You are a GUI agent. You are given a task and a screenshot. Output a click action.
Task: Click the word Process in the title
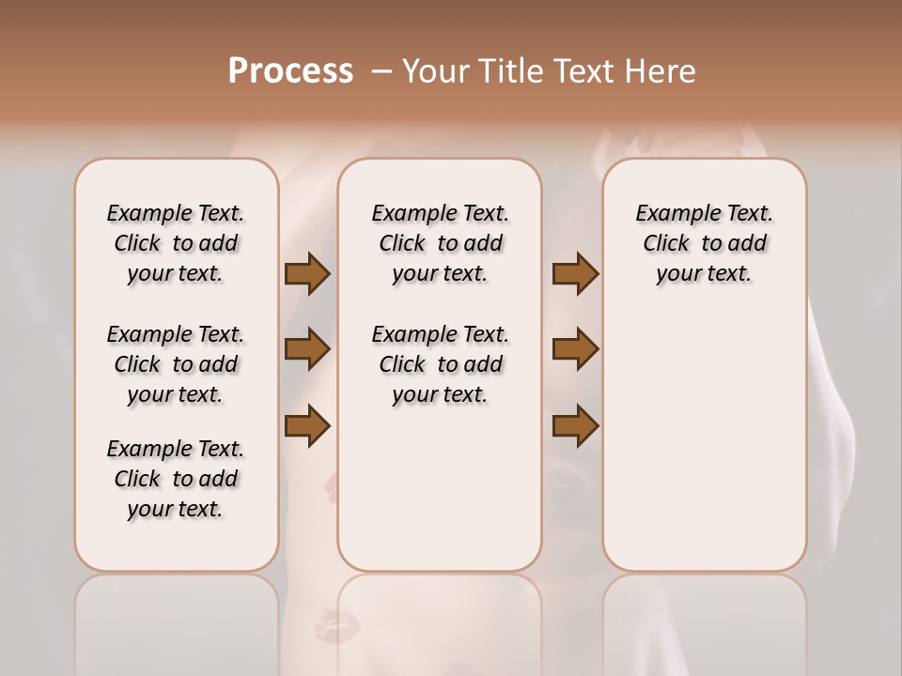point(290,71)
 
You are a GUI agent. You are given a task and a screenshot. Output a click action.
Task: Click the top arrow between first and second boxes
point(307,274)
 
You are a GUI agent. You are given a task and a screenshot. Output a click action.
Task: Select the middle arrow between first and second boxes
point(307,350)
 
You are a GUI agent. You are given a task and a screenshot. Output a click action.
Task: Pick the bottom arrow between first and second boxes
point(307,425)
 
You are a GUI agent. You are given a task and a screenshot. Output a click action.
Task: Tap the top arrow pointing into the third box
point(575,274)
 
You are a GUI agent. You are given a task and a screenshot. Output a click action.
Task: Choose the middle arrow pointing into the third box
point(575,350)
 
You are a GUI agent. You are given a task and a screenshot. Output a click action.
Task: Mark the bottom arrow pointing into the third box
point(575,425)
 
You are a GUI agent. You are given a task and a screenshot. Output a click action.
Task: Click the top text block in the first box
point(176,243)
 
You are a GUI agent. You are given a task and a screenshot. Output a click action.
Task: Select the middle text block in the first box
point(176,364)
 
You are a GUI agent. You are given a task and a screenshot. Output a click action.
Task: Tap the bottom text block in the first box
point(176,479)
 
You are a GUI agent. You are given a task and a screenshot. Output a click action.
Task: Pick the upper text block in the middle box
point(440,243)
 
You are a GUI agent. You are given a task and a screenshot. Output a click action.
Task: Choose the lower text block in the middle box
point(440,364)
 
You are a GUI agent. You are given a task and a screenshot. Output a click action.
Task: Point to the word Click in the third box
point(666,244)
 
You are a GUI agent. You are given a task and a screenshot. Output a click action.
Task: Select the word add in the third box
point(748,244)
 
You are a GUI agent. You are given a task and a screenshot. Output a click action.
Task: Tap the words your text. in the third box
point(704,274)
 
